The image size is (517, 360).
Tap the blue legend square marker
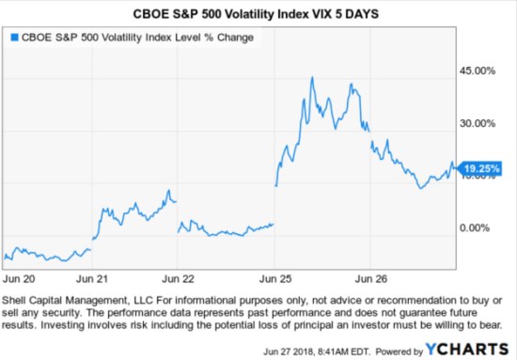[x=13, y=39]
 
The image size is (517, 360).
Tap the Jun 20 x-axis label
[x=20, y=278]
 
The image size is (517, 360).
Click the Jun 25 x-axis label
[x=274, y=278]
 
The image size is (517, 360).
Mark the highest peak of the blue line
[x=312, y=77]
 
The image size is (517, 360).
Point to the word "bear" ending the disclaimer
[x=493, y=323]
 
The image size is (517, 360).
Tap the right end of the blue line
[x=453, y=167]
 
